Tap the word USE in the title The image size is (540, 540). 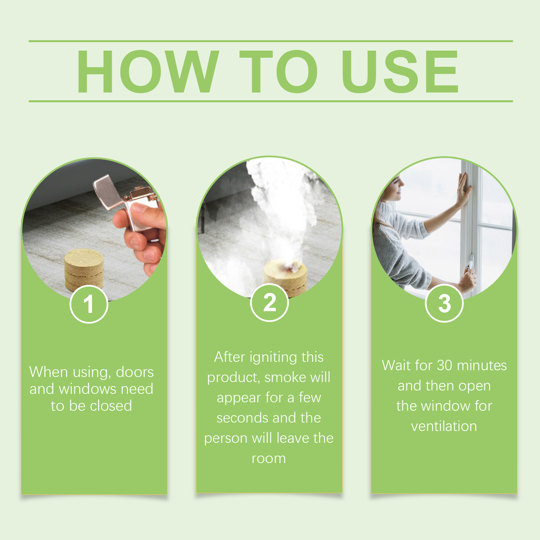point(400,71)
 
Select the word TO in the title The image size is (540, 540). point(278,71)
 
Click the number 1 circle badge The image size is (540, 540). point(89,304)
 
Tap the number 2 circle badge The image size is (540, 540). point(269,302)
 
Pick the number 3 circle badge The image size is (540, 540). point(444,303)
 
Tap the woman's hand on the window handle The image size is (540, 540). point(468,278)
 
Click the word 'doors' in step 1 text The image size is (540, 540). point(135,372)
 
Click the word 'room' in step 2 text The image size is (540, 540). point(269,459)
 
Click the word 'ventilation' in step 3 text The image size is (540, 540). point(444,426)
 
